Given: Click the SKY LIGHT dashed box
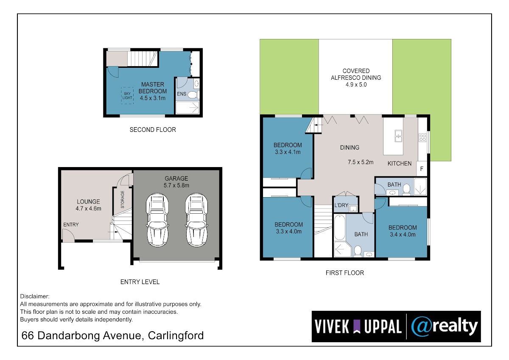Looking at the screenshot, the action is click(127, 96).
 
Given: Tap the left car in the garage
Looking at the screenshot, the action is click(157, 220).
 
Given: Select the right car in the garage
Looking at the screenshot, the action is click(196, 220).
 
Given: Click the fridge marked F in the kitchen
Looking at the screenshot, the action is click(422, 168).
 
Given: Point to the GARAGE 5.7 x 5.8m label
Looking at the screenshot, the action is click(176, 182).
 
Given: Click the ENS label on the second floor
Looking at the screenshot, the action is click(182, 94).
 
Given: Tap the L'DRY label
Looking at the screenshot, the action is click(341, 205).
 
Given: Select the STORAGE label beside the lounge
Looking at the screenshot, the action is click(123, 199).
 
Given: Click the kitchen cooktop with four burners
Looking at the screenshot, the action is click(422, 138).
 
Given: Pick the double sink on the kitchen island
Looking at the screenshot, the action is click(398, 136).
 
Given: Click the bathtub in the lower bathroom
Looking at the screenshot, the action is click(340, 227).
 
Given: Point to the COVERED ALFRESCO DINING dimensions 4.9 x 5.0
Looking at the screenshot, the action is click(356, 84).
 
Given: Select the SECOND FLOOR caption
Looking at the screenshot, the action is click(153, 130).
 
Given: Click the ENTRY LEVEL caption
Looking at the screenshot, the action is click(140, 282).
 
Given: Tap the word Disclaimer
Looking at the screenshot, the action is click(34, 296).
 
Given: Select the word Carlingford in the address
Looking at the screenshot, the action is click(176, 336).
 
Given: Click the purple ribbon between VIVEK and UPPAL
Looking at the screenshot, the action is click(357, 327).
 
